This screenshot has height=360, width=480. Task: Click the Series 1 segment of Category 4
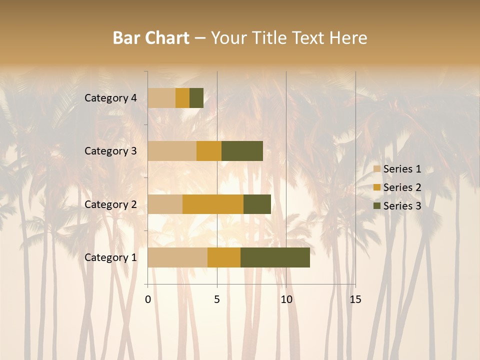(161, 98)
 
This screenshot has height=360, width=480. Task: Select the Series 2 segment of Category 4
(182, 98)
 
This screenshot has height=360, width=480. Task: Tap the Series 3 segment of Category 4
(196, 98)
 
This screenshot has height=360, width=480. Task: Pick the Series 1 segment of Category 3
(172, 151)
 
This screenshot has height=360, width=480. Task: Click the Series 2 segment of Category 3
(209, 151)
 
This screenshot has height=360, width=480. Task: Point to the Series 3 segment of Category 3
(242, 151)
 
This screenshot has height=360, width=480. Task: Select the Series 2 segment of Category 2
(213, 204)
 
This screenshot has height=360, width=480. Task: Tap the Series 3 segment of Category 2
(257, 204)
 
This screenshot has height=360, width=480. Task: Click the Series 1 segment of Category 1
(177, 257)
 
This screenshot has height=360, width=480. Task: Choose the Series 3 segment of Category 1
(275, 257)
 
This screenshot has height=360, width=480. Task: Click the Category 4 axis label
(110, 98)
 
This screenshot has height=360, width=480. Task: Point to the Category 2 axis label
(110, 204)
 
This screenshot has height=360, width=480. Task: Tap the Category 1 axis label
(110, 257)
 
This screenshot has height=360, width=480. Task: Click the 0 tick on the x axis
(148, 299)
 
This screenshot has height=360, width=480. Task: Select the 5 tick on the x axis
(217, 299)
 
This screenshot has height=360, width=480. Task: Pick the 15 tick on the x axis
(355, 299)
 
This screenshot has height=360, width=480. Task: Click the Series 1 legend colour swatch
(376, 169)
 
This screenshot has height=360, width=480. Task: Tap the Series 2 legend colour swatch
(376, 187)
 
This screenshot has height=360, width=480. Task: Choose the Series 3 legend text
(402, 206)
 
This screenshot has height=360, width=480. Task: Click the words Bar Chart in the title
(151, 38)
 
